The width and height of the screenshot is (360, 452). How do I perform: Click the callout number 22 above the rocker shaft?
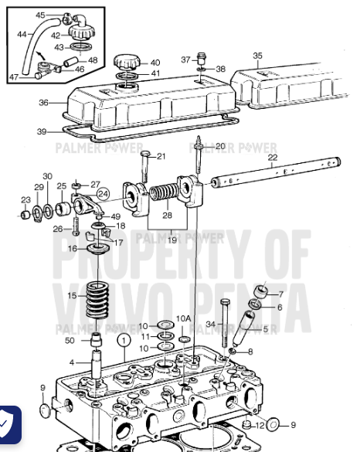coord(272,158)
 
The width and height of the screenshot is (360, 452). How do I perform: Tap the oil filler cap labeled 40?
coord(126,61)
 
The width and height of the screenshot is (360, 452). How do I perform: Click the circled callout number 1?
coord(122,338)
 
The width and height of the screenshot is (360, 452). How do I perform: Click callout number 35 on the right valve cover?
coord(258,56)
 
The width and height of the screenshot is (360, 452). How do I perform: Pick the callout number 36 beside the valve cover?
coord(43,103)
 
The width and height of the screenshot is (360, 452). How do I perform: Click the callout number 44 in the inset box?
coord(21,34)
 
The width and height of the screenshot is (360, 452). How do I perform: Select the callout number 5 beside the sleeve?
coord(267,329)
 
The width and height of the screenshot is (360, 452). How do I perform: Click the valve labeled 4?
coord(96,364)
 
